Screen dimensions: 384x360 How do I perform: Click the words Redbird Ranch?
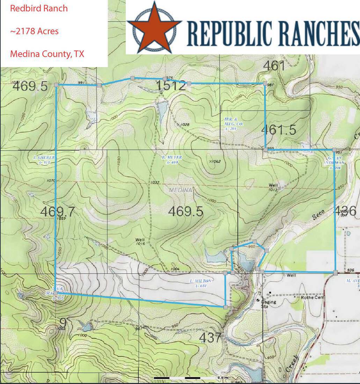coord(39,9)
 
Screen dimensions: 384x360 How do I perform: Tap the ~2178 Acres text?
coord(34,31)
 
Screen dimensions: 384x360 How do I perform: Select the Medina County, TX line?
coord(47,54)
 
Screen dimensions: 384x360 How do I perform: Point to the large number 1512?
coord(171,86)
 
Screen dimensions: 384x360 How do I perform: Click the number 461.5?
coord(279,130)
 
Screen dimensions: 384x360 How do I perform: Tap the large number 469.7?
coord(57,212)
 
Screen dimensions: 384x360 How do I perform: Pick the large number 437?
coord(211,338)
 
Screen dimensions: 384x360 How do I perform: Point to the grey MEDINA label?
coord(180,190)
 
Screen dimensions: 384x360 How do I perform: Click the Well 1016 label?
coord(140,242)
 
